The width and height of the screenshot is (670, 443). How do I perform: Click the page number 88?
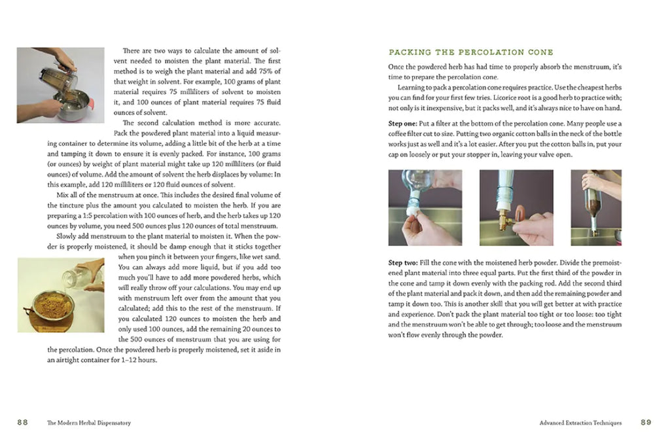[x=22, y=423]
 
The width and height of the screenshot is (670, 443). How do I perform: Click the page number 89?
[x=646, y=423]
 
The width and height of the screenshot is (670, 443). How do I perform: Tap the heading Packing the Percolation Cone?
[x=470, y=52]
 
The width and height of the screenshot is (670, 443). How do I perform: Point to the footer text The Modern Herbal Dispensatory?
[x=89, y=423]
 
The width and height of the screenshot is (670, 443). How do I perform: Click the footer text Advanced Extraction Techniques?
[x=580, y=423]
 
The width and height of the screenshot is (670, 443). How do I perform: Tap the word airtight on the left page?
[x=71, y=360]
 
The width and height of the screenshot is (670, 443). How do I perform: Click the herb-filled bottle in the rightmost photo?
[x=595, y=200]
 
